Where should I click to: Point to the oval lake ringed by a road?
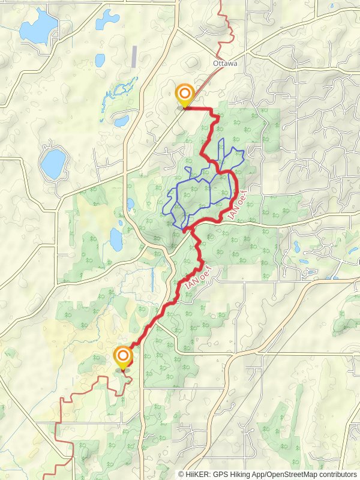pos(53,163)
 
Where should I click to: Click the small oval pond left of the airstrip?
pos(100,60)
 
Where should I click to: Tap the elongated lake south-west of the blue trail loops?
pos(116,238)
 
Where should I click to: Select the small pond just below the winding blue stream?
pos(121,121)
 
